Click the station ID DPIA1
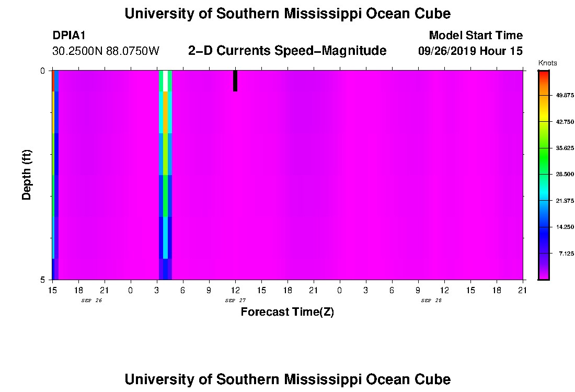pyautogui.click(x=69, y=36)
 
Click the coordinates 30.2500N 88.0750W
pyautogui.click(x=106, y=51)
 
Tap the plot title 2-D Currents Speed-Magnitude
pyautogui.click(x=287, y=51)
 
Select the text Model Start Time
pyautogui.click(x=475, y=36)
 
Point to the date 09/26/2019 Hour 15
pyautogui.click(x=470, y=51)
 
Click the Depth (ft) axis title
pyautogui.click(x=27, y=175)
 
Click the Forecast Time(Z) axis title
pyautogui.click(x=287, y=312)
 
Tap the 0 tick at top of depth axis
pyautogui.click(x=42, y=71)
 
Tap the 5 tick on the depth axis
pyautogui.click(x=42, y=280)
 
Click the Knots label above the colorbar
pyautogui.click(x=547, y=63)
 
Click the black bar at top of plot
pyautogui.click(x=235, y=80)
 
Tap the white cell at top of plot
pyautogui.click(x=166, y=80)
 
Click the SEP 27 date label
pyautogui.click(x=235, y=301)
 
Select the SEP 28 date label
pyautogui.click(x=431, y=301)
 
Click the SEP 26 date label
pyautogui.click(x=91, y=301)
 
